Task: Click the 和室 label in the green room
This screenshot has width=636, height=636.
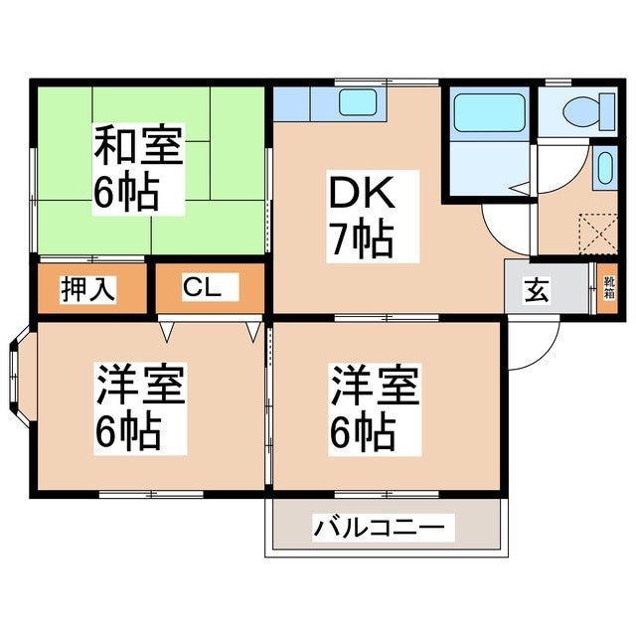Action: coord(138,146)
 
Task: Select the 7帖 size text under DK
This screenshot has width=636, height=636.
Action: coord(360,238)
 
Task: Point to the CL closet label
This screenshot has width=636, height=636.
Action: coord(210,289)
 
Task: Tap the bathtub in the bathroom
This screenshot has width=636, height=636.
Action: coord(489,113)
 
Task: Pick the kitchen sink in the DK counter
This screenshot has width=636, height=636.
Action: coord(357,102)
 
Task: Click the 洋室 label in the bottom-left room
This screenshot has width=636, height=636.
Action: coord(140,386)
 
